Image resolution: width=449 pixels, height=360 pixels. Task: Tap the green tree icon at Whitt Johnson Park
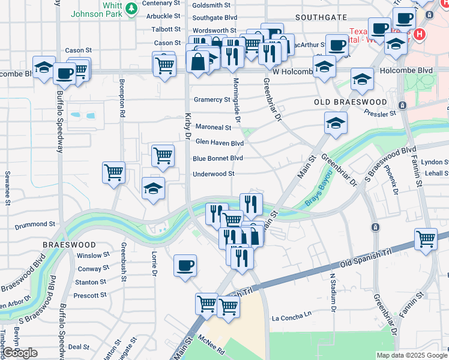click(130, 13)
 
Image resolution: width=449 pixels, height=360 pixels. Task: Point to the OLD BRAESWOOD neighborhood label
click(351, 102)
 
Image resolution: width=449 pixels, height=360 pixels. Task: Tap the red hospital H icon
click(420, 35)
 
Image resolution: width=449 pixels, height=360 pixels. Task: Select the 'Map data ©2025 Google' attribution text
click(411, 355)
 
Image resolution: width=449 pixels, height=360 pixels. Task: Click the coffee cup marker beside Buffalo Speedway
click(64, 74)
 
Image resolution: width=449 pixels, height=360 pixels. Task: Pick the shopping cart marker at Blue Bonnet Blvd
click(163, 156)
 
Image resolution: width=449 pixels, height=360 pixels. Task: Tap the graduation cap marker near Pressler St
click(335, 124)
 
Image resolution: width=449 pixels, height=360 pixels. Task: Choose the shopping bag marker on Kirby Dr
click(197, 61)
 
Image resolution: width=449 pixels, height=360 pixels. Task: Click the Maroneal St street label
click(213, 127)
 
